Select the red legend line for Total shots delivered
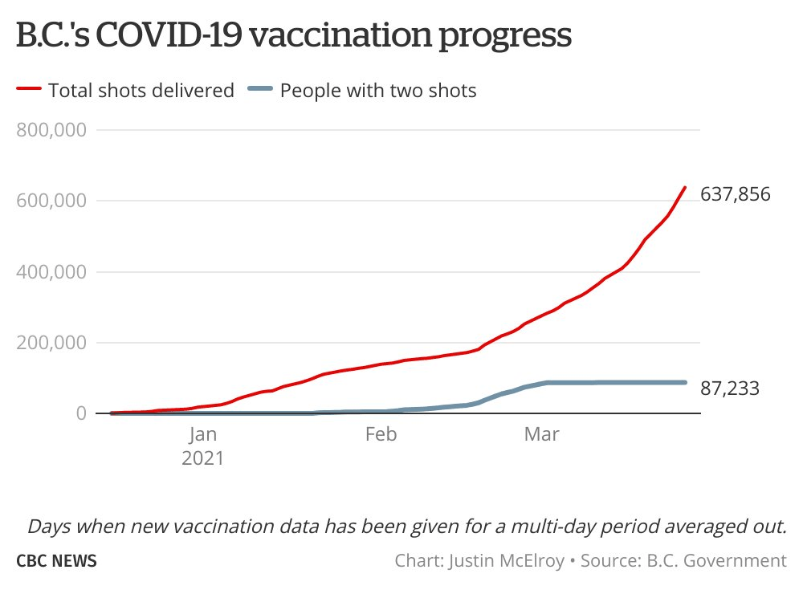28,90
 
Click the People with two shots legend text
378,90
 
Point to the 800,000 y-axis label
51,130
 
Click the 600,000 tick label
51,201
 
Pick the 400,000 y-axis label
51,271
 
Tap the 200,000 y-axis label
51,343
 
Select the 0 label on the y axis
80,413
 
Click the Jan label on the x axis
203,435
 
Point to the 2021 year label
203,459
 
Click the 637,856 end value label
736,194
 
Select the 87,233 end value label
729,389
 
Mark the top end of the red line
685,188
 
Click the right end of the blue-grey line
685,382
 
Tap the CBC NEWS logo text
56,560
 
